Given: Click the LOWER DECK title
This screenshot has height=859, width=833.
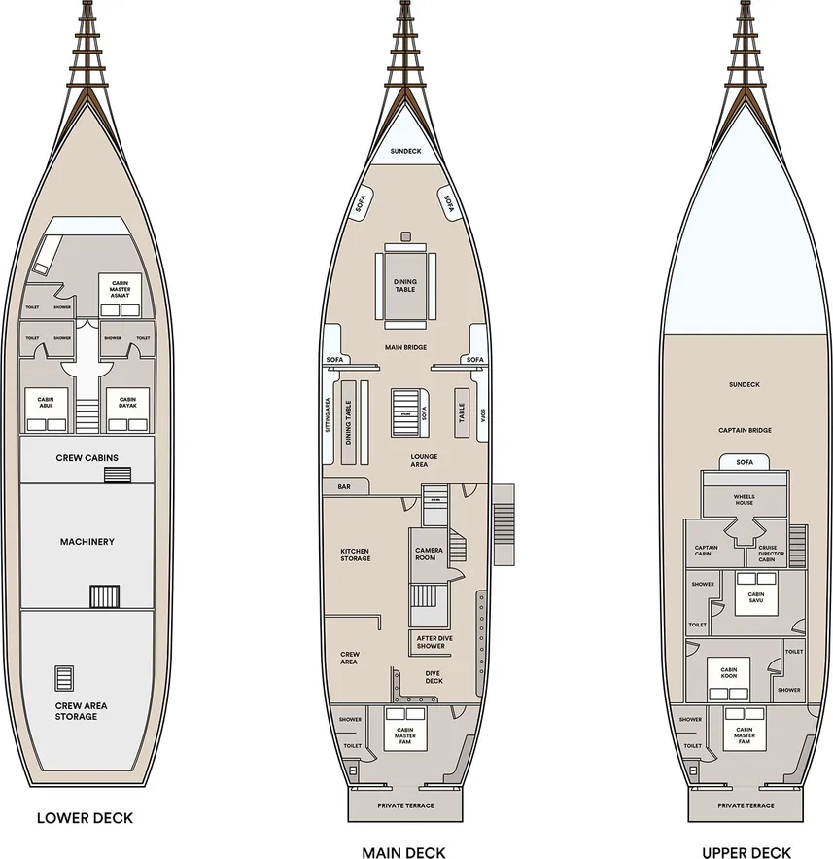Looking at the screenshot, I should tap(85, 818).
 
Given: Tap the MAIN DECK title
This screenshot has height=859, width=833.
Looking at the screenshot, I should tap(403, 853).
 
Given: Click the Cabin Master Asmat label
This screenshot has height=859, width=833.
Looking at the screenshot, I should tap(121, 289).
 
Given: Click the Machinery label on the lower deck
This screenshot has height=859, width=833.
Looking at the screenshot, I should tap(87, 542).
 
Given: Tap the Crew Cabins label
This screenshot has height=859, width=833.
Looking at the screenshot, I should tap(87, 458).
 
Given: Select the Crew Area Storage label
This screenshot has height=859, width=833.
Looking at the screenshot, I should tap(76, 711).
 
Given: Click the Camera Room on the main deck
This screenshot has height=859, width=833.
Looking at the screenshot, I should tap(429, 555).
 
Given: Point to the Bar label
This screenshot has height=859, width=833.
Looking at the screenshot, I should tap(344, 486).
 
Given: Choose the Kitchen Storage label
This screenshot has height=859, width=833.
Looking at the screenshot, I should tap(355, 555).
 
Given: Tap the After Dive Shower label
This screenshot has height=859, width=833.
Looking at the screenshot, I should tap(431, 642).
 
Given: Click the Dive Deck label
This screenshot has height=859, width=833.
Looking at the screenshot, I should tap(434, 677).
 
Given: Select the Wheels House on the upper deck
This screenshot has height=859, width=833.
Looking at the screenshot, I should tap(745, 501).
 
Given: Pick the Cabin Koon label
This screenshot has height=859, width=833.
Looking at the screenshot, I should tap(729, 673).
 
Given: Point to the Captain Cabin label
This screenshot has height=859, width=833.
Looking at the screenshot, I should tap(707, 551).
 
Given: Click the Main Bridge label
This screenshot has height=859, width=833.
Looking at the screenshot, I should tap(405, 347).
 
